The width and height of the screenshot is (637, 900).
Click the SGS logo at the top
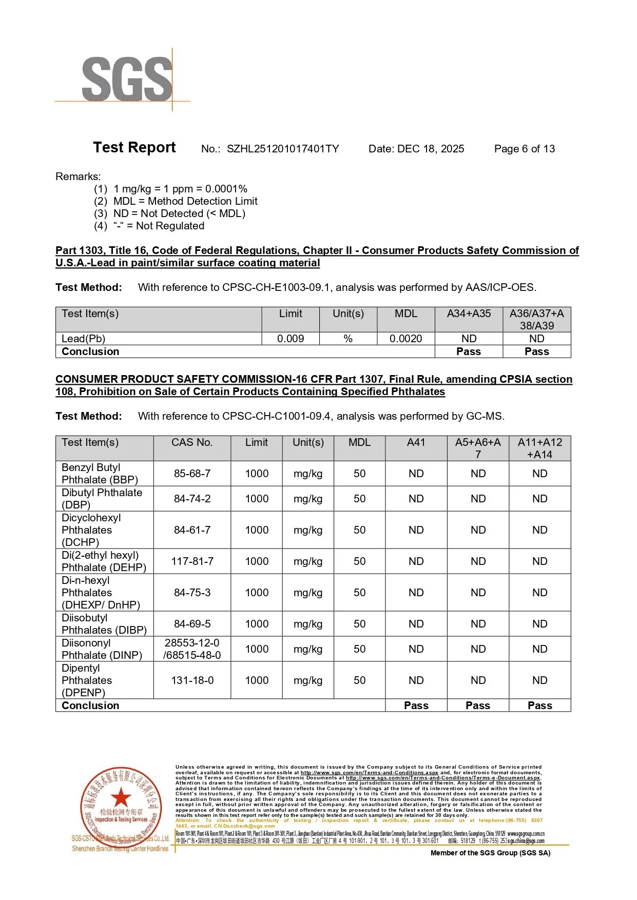click(127, 79)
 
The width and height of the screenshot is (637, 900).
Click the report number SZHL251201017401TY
click(283, 149)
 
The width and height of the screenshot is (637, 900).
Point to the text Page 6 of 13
click(524, 149)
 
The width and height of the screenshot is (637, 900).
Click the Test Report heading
click(134, 148)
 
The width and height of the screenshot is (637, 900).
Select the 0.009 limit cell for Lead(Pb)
click(291, 339)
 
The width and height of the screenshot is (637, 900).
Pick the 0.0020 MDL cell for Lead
click(406, 339)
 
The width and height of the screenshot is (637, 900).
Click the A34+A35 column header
click(469, 314)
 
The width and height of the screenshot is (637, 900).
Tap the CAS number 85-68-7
click(192, 474)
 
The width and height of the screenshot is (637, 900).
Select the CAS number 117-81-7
click(192, 561)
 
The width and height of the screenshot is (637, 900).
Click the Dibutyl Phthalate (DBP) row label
click(102, 499)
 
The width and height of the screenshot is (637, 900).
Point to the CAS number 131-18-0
click(192, 680)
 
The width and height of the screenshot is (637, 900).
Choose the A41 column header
click(416, 442)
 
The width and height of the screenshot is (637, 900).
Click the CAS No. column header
click(192, 442)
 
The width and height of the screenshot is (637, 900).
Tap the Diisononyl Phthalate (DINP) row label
click(102, 649)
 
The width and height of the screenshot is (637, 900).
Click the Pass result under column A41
click(416, 706)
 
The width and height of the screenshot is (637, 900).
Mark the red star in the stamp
click(121, 797)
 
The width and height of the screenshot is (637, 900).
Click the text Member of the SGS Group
click(490, 853)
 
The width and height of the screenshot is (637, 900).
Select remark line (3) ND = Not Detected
click(169, 213)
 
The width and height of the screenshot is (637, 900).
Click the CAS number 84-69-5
click(192, 624)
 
